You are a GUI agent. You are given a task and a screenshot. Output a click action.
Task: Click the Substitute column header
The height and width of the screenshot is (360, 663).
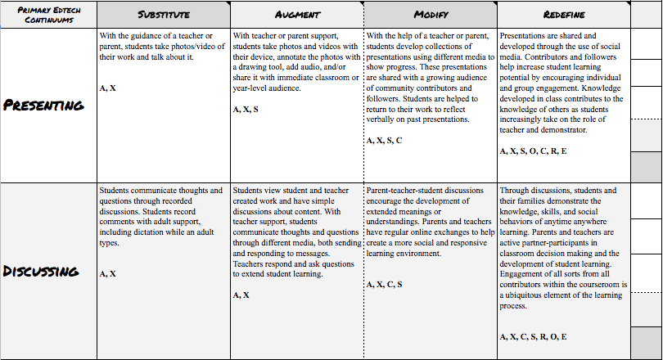point(163,16)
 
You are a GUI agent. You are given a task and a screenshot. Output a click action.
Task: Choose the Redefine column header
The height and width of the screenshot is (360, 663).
point(563,16)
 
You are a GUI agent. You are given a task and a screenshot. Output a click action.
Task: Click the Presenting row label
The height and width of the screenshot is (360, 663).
point(43,105)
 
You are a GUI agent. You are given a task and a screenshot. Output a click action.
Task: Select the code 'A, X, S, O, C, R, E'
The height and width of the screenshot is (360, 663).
point(533,151)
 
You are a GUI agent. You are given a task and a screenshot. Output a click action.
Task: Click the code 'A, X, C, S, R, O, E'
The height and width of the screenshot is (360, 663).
point(533,336)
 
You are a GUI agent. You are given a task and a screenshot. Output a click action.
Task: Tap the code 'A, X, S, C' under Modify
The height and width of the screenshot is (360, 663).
point(384,141)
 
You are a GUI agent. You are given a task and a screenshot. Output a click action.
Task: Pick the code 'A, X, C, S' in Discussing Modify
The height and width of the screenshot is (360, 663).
point(384,284)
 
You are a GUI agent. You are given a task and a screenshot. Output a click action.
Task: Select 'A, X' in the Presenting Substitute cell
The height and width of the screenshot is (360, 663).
point(107,88)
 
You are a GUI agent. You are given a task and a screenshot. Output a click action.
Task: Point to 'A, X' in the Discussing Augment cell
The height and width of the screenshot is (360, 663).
point(241,295)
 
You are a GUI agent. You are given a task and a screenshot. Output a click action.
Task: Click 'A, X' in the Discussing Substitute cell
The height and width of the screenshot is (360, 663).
point(107,274)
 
